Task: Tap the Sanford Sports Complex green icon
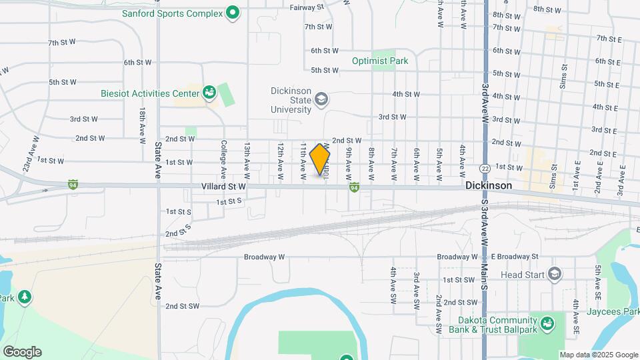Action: click(x=232, y=12)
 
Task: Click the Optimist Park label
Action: click(x=380, y=61)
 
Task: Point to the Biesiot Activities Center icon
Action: click(x=209, y=93)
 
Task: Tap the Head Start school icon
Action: click(x=554, y=273)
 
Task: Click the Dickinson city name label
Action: click(x=489, y=186)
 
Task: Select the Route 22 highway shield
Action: click(x=485, y=167)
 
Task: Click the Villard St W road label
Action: click(x=223, y=188)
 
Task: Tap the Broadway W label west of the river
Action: click(x=264, y=257)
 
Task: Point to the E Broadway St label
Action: click(x=515, y=257)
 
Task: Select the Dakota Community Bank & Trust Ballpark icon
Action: click(x=547, y=323)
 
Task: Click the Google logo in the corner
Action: click(x=22, y=352)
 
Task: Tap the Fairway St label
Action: click(x=307, y=7)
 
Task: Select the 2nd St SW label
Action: click(x=183, y=306)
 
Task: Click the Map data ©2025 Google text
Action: click(x=598, y=355)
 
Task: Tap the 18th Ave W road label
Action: click(x=142, y=125)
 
